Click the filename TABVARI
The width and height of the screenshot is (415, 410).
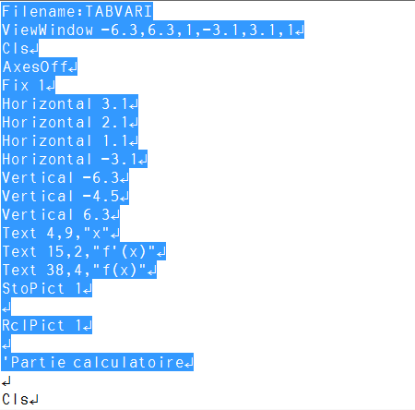(118, 11)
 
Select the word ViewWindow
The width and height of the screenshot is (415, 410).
(47, 30)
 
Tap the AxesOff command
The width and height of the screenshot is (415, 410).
(35, 66)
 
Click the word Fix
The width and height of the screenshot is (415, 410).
(16, 85)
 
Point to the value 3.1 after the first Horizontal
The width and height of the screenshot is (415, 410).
(114, 103)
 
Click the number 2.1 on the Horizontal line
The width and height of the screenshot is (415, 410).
(114, 122)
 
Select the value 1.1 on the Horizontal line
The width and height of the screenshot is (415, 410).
(114, 140)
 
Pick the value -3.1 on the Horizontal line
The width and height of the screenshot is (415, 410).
(119, 159)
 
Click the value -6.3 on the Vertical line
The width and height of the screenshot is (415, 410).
(101, 177)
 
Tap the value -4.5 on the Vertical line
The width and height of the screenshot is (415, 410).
(101, 196)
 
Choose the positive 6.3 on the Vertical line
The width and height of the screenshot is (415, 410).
(96, 214)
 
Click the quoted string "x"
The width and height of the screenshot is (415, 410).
(96, 233)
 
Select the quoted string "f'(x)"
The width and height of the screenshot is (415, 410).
(124, 251)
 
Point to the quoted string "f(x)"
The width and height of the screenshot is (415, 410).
(119, 270)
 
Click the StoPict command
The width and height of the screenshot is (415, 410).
(33, 288)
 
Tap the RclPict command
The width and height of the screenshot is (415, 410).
(33, 325)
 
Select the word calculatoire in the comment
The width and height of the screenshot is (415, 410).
(128, 362)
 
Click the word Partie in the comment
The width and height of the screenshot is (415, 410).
(39, 362)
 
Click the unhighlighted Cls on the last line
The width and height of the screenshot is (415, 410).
(16, 399)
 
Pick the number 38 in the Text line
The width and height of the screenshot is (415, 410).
(55, 270)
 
